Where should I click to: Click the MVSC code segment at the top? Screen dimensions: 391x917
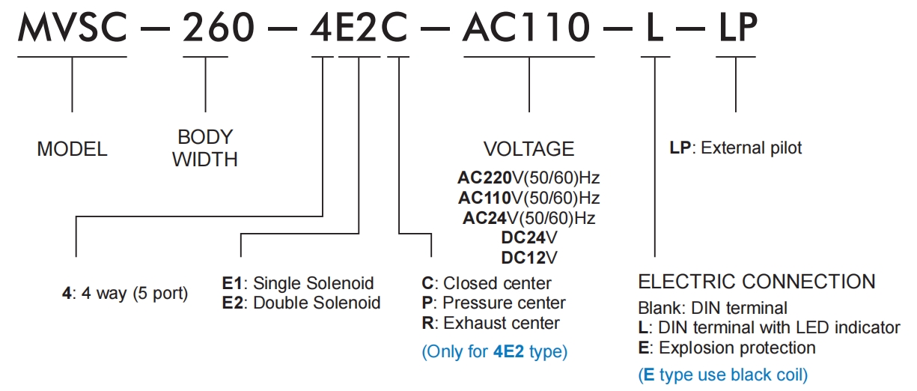point(72,29)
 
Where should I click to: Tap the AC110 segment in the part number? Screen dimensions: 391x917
point(528,29)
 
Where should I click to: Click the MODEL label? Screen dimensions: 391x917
point(72,149)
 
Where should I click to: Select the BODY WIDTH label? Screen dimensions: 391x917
point(205,148)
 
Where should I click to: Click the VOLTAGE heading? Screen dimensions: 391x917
point(528,148)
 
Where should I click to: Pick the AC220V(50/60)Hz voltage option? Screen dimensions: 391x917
point(528,178)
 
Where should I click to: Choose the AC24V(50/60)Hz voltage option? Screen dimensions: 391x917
point(528,218)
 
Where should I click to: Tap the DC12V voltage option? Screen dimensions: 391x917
point(528,258)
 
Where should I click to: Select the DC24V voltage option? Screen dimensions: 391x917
point(528,238)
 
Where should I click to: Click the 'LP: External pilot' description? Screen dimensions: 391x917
point(735,148)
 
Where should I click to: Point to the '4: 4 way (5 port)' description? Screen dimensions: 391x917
point(124,294)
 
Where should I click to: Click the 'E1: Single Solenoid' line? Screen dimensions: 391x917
point(297,284)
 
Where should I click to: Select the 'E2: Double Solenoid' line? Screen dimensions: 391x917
point(301,303)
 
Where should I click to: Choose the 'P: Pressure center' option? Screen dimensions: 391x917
point(493,303)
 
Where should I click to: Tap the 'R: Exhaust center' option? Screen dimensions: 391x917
point(490,324)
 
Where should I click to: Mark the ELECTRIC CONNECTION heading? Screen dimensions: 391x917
point(756,282)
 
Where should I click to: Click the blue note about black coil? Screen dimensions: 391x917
point(722,374)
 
